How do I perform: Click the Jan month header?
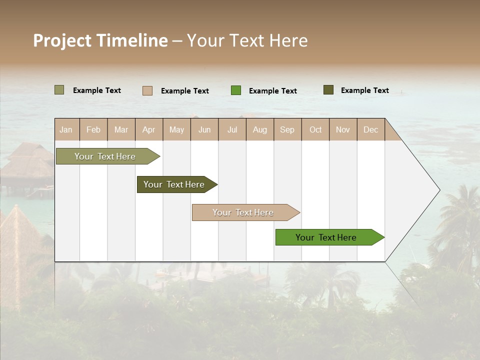pos(66,129)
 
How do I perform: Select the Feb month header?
pos(93,129)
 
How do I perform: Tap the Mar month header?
pos(121,129)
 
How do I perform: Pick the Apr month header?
pos(149,129)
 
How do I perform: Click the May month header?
pos(176,129)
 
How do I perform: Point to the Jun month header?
pos(204,129)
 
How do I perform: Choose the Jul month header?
pos(232,129)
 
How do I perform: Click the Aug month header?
pos(260,129)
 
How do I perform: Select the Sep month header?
pos(287,129)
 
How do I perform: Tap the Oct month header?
pos(315,129)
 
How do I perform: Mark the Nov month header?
pos(343,129)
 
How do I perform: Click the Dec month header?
pos(371,129)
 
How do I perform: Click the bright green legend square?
pos(236,90)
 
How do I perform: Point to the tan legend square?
pos(147,90)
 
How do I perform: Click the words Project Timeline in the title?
pos(100,40)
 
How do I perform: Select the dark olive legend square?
pos(328,90)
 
